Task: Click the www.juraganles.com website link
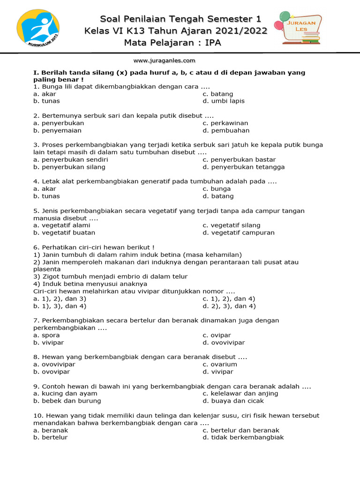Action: (x=164, y=60)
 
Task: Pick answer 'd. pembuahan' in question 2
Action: (x=226, y=130)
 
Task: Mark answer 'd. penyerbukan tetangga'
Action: (x=243, y=167)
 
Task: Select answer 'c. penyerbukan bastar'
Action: (x=239, y=159)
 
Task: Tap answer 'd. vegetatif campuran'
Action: (x=239, y=232)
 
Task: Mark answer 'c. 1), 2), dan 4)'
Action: (x=229, y=299)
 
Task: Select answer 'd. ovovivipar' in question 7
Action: (x=224, y=343)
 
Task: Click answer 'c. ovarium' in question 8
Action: (x=220, y=364)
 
